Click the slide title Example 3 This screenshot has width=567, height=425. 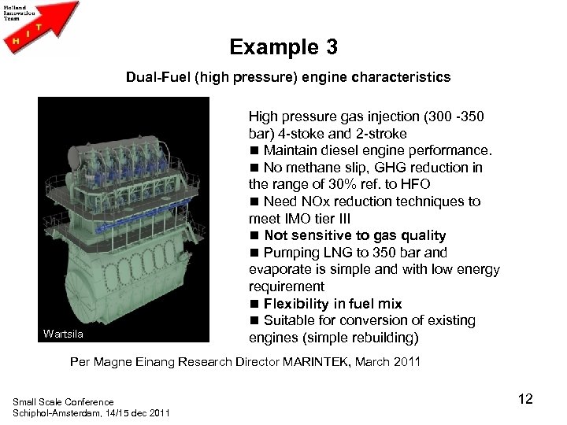[283, 47]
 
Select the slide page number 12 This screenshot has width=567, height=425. [525, 399]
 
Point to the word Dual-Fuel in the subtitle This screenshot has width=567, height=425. [153, 77]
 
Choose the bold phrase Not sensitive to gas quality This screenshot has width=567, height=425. [355, 235]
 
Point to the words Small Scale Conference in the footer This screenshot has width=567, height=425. [63, 402]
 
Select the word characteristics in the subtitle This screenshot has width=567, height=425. [406, 77]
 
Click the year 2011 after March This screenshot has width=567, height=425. [405, 362]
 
